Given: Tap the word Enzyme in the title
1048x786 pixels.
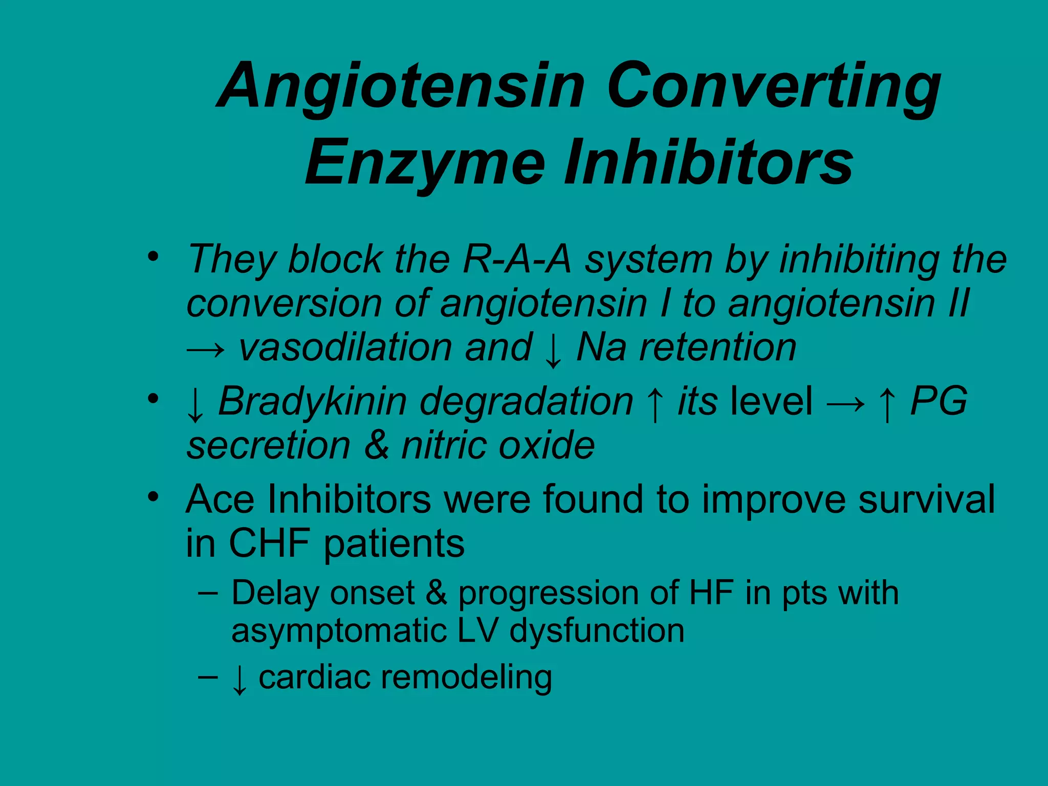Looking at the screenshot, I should pyautogui.click(x=425, y=163).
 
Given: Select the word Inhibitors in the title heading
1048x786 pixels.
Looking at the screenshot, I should pyautogui.click(x=709, y=163).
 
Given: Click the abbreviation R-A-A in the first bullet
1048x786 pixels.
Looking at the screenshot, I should pyautogui.click(x=517, y=259).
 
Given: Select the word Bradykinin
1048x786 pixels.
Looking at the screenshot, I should pyautogui.click(x=312, y=401).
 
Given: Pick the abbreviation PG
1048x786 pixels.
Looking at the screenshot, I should pyautogui.click(x=938, y=401).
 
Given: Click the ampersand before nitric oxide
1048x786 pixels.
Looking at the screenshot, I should pyautogui.click(x=377, y=445).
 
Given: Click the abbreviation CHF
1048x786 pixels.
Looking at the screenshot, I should pyautogui.click(x=269, y=543).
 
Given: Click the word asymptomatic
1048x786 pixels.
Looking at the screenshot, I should pyautogui.click(x=338, y=630).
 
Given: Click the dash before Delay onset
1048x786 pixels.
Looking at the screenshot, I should pyautogui.click(x=208, y=594).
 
